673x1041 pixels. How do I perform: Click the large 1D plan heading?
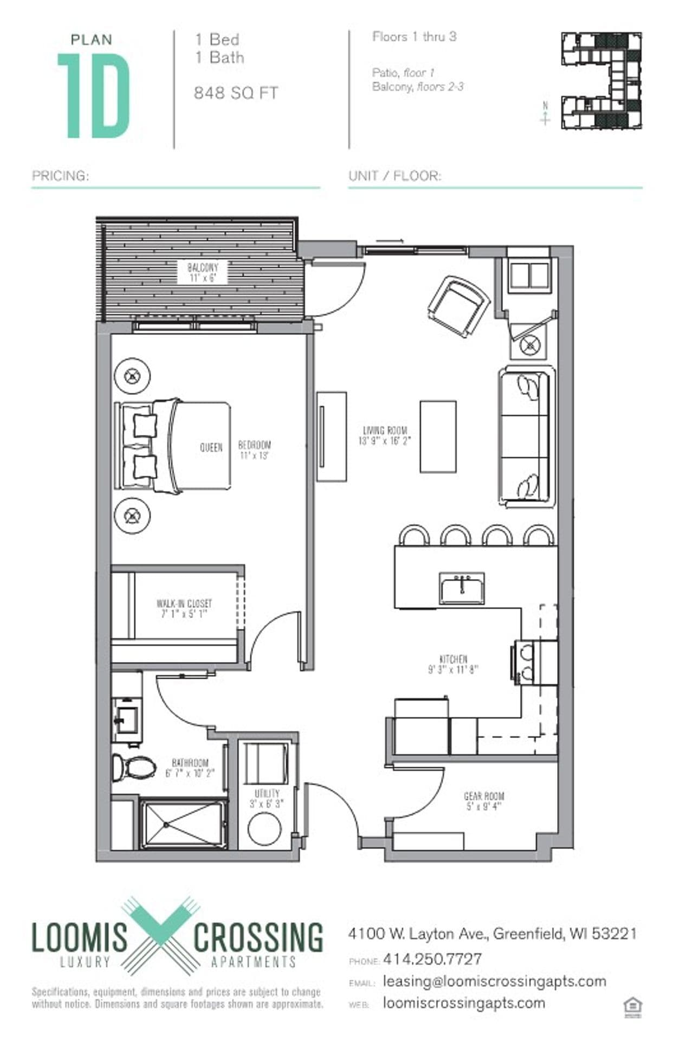click(x=94, y=96)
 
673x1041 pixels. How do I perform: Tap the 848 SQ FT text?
click(x=236, y=93)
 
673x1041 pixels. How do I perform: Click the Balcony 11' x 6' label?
click(x=203, y=273)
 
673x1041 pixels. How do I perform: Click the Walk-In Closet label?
click(x=184, y=608)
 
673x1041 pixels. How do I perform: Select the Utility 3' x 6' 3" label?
click(x=267, y=799)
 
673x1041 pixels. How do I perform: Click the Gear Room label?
click(x=484, y=801)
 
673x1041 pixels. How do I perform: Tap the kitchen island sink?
click(x=462, y=588)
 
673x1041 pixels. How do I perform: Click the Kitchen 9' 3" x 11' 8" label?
click(x=454, y=664)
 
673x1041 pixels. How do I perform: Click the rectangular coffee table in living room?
click(x=438, y=436)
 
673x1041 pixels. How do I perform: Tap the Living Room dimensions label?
click(x=385, y=436)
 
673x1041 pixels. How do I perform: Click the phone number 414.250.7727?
click(x=432, y=959)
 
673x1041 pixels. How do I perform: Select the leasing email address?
click(x=494, y=981)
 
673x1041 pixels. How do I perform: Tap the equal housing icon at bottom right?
click(x=632, y=1006)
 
